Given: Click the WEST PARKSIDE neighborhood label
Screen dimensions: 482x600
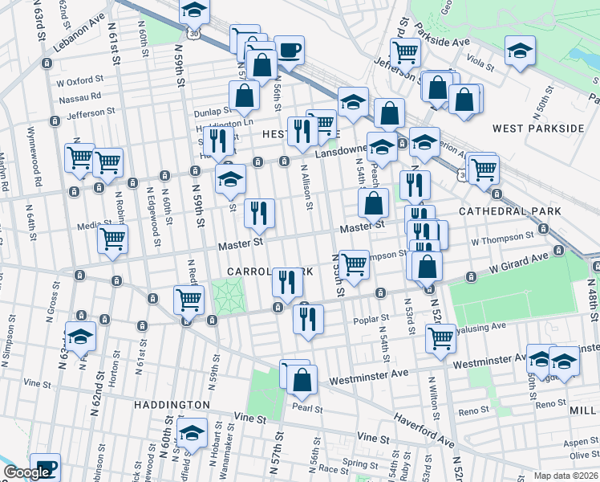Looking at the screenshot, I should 538,129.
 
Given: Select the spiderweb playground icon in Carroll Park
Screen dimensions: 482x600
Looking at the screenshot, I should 226,296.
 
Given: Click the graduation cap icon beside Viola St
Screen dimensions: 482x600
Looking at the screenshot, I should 520,51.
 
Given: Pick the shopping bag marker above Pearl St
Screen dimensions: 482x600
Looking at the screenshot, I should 302,380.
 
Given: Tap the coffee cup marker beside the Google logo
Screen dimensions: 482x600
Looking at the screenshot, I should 47,466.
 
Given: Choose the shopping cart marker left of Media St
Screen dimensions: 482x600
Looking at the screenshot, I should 112,238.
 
